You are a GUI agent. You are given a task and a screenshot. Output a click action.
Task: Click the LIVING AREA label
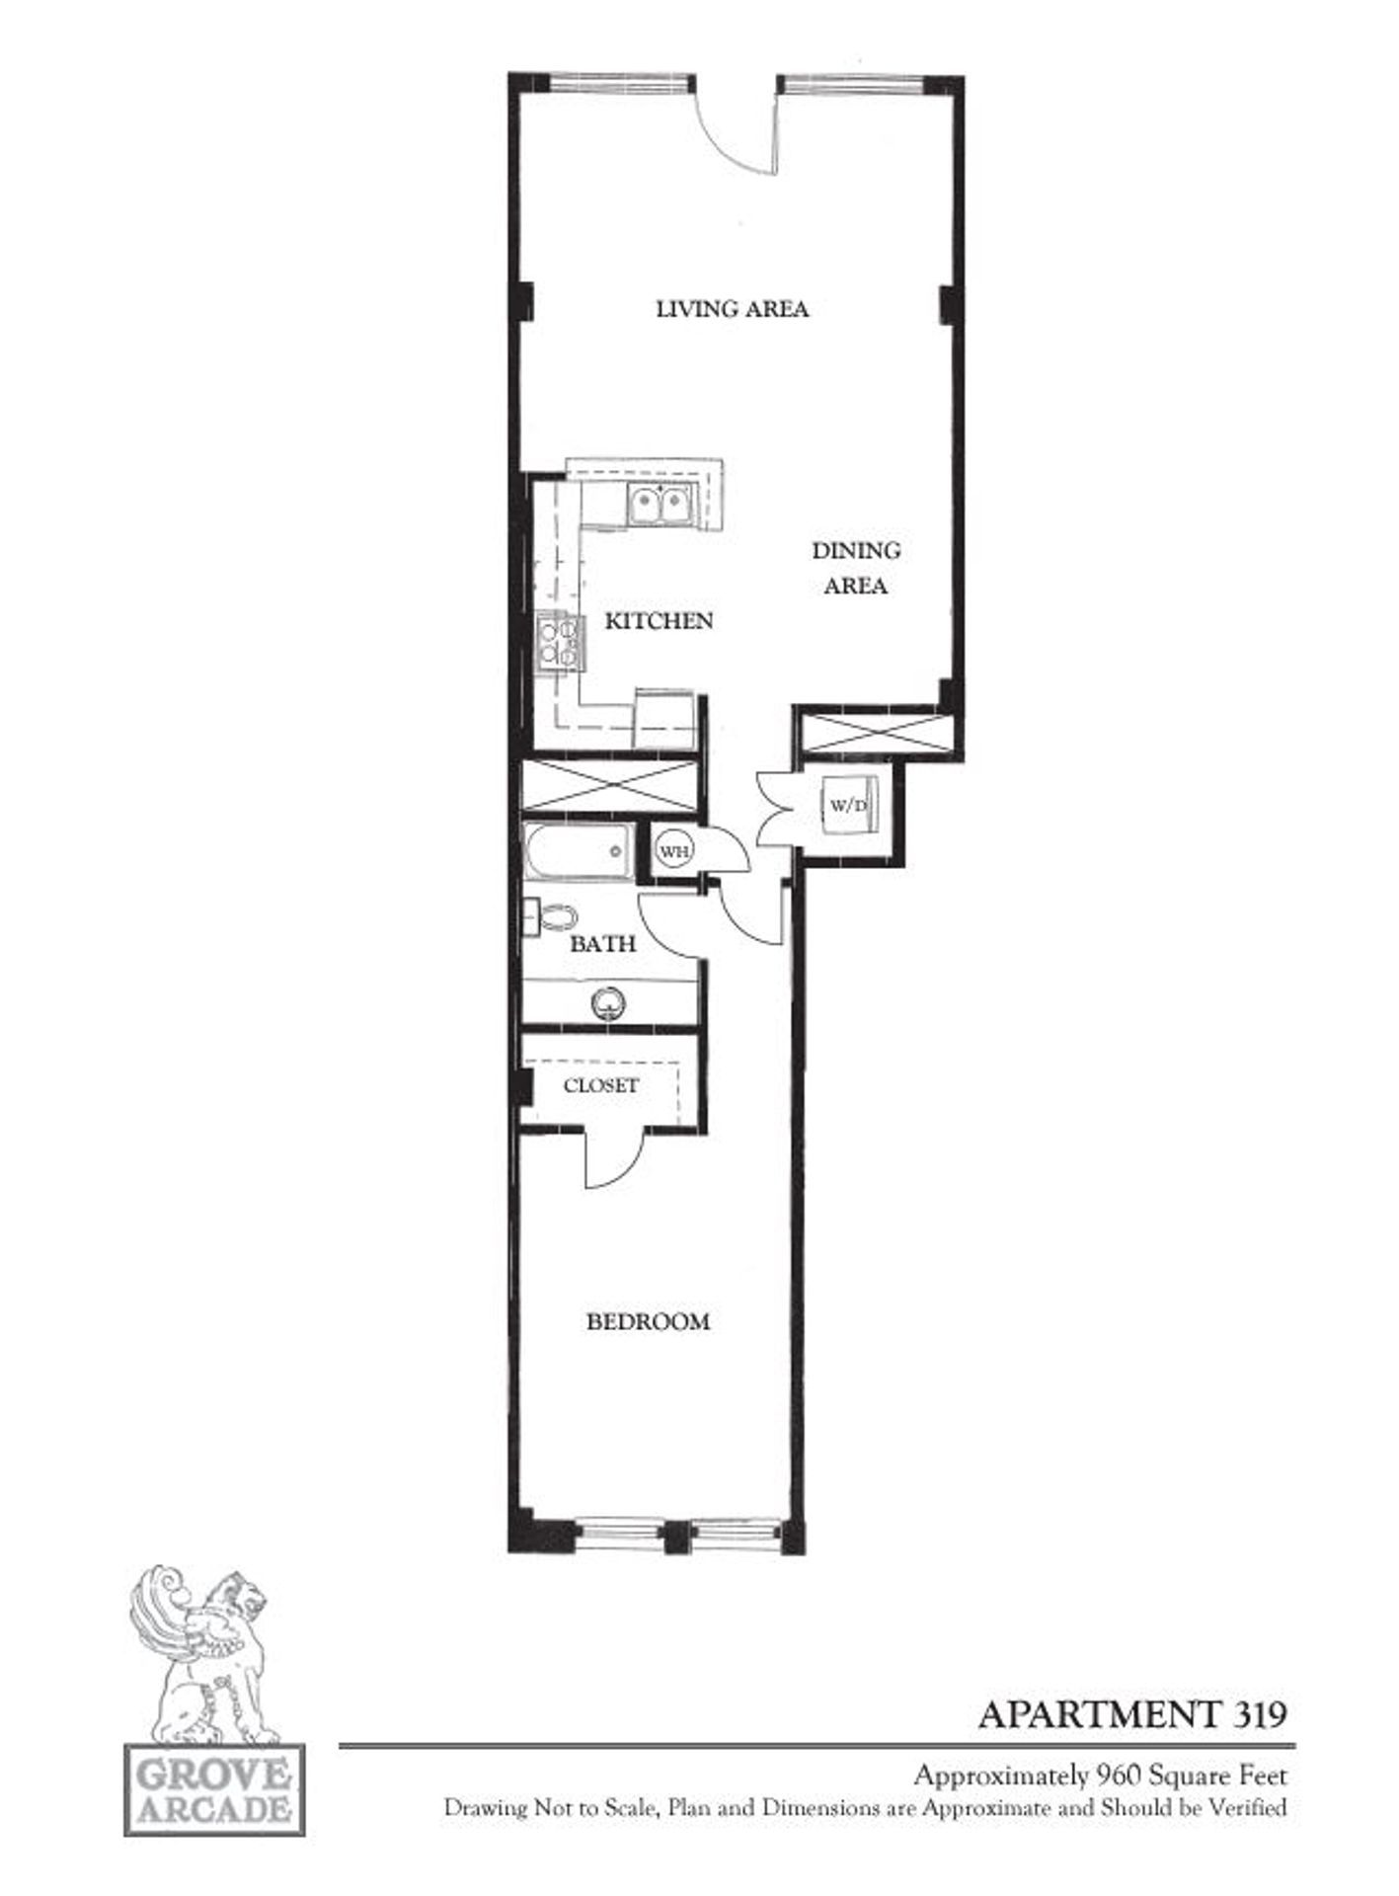pyautogui.click(x=733, y=309)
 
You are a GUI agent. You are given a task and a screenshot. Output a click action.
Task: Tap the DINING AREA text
pyautogui.click(x=855, y=568)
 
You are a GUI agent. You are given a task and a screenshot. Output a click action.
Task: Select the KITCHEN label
pyautogui.click(x=659, y=621)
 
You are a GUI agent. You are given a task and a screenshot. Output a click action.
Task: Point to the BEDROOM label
pyautogui.click(x=649, y=1321)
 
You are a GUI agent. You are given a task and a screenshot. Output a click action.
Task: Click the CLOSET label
pyautogui.click(x=600, y=1085)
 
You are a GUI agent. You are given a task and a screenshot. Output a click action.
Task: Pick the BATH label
pyautogui.click(x=602, y=944)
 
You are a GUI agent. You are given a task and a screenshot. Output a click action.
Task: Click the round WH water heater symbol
pyautogui.click(x=673, y=850)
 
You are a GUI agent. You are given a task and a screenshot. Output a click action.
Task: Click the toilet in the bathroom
pyautogui.click(x=555, y=916)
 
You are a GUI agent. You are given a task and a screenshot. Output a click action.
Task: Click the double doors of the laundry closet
pyautogui.click(x=776, y=808)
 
